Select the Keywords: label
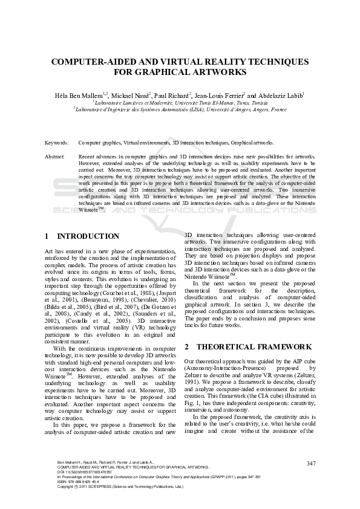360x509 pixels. [57, 143]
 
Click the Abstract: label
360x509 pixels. [55, 156]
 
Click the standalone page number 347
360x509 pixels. [312, 463]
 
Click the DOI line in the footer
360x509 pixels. [82, 472]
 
